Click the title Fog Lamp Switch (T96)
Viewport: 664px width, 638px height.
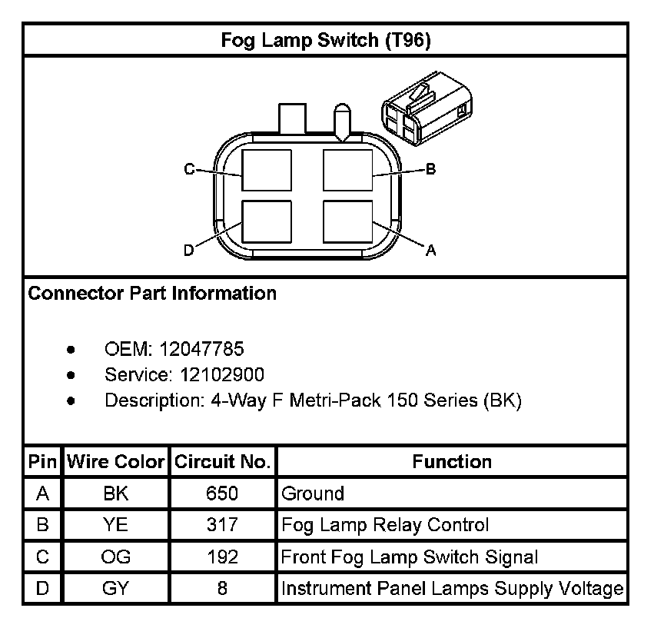click(x=326, y=40)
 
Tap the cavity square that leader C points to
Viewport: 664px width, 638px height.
click(x=267, y=170)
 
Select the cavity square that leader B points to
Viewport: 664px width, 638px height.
click(x=347, y=170)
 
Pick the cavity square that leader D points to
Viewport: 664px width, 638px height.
click(x=267, y=222)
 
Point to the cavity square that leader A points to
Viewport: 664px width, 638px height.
click(x=347, y=222)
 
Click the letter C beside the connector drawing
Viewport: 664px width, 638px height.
click(x=189, y=170)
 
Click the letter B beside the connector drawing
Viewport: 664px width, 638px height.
click(x=430, y=170)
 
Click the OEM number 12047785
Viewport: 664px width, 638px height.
click(x=201, y=350)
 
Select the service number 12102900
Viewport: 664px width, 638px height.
click(x=222, y=375)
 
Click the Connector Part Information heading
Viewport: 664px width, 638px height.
click(x=152, y=294)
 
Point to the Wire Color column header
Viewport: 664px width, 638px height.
click(x=116, y=462)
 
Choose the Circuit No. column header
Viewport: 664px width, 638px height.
click(x=223, y=462)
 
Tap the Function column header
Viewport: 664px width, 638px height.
click(x=452, y=462)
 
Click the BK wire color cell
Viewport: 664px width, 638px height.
click(x=116, y=493)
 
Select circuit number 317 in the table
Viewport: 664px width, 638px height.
click(x=223, y=526)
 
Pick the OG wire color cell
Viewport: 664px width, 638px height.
click(x=116, y=557)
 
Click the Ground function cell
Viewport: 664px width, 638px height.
click(x=313, y=493)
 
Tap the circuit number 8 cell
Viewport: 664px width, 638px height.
click(x=223, y=590)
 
